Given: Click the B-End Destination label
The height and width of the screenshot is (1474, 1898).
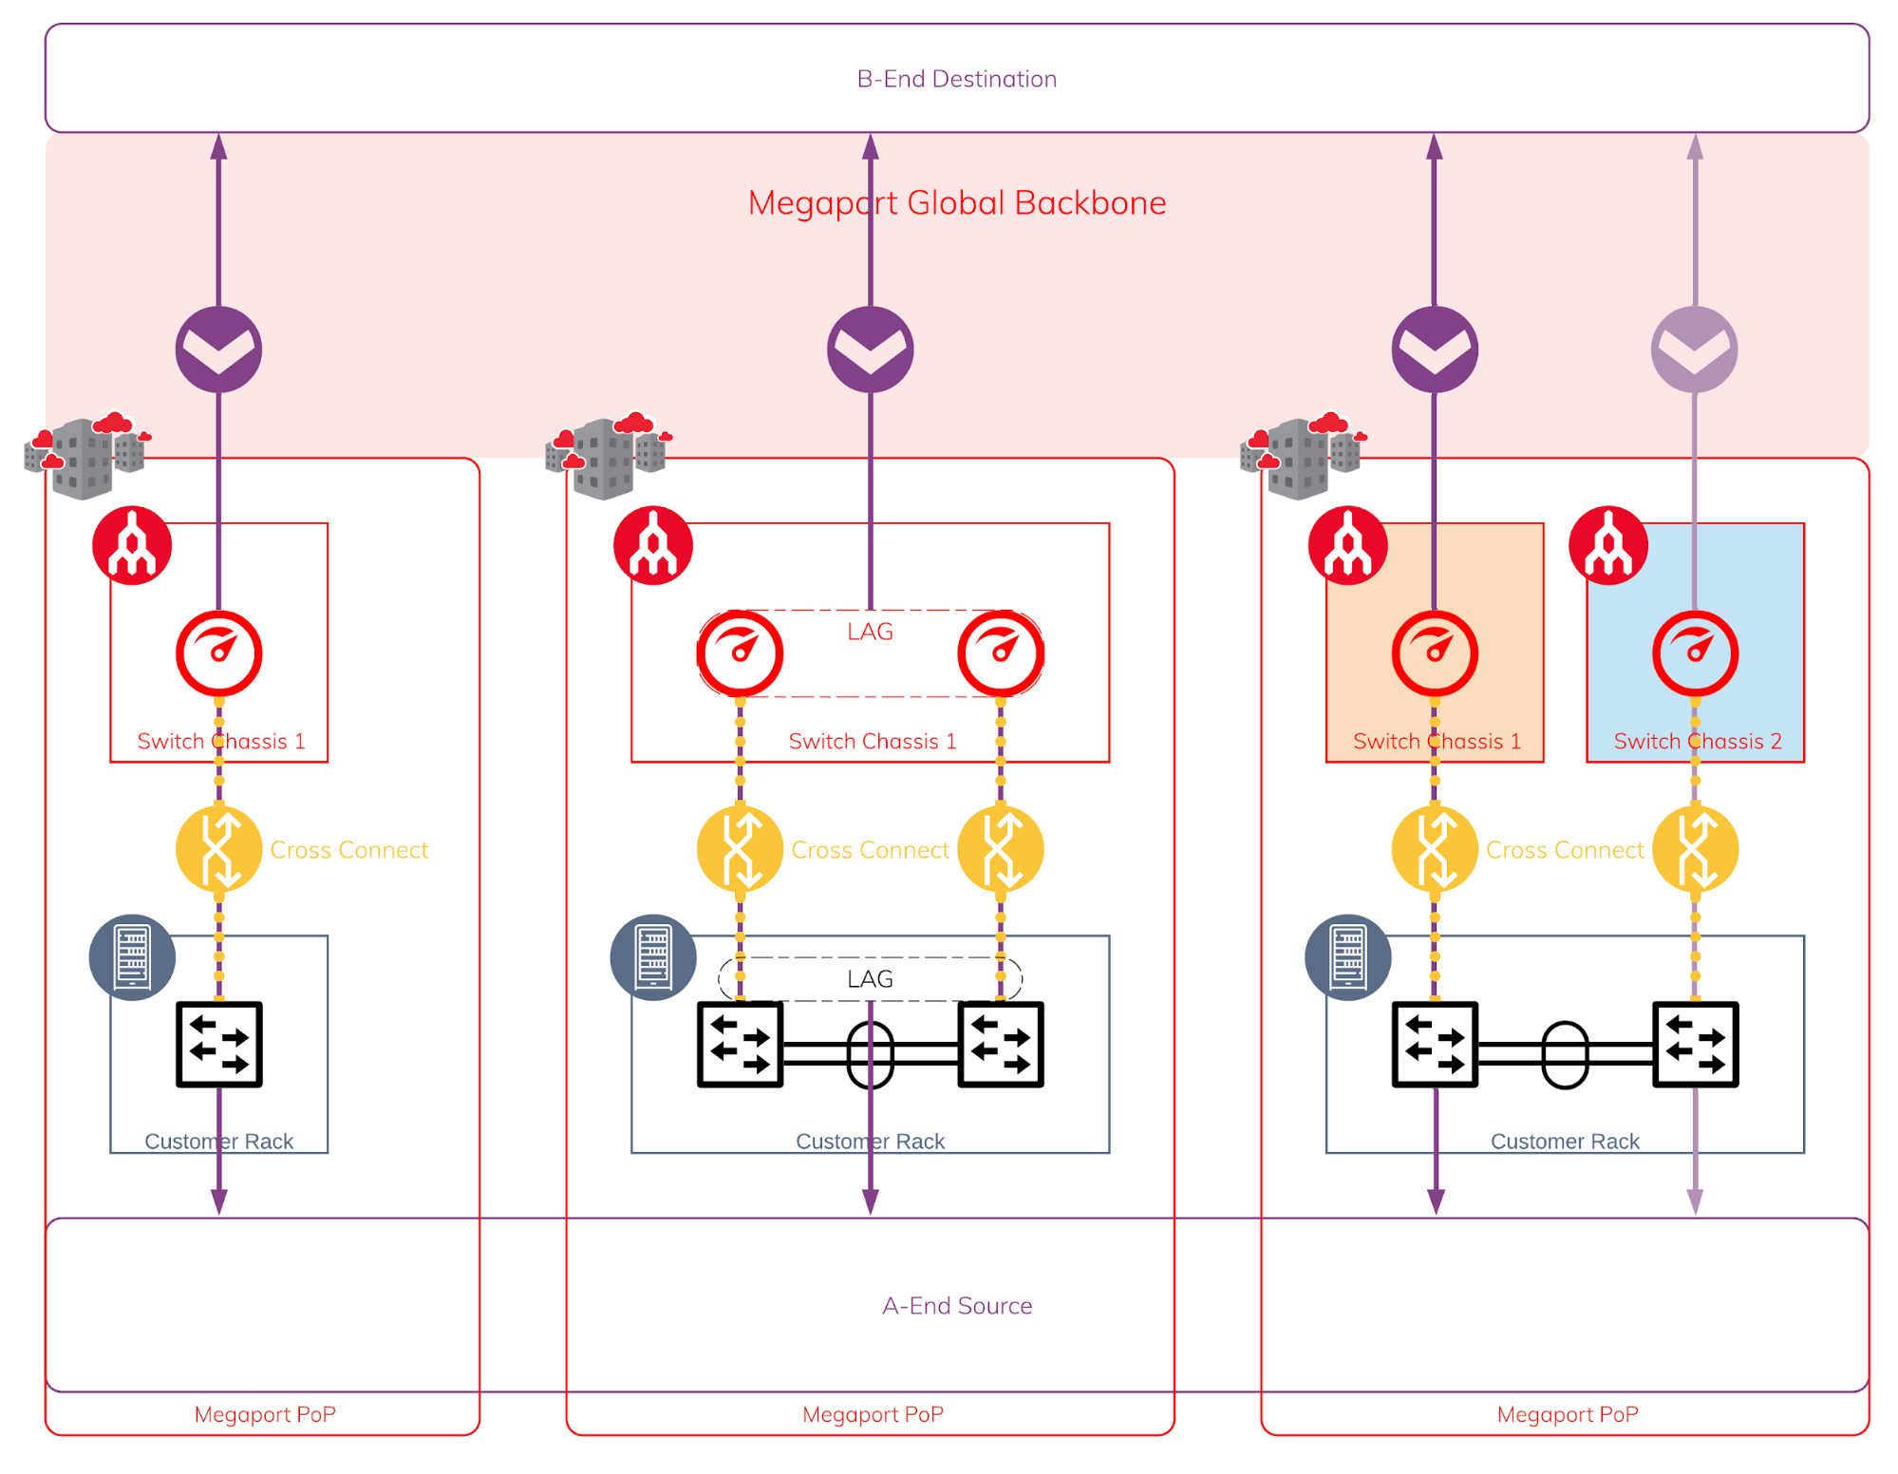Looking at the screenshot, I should tap(956, 79).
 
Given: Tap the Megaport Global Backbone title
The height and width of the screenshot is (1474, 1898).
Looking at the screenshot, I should tap(956, 203).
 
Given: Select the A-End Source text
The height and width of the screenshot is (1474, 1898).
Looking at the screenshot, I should tap(956, 1306).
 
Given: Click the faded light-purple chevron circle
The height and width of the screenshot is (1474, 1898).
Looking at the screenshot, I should tap(1695, 350).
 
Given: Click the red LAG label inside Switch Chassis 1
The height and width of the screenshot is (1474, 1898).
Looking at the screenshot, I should tap(870, 632).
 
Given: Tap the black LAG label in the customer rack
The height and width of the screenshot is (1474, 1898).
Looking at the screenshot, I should tap(870, 979).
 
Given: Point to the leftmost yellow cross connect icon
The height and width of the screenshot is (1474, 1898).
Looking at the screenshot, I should tap(219, 849).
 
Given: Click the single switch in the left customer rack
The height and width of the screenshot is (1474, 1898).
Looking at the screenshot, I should tap(219, 1044).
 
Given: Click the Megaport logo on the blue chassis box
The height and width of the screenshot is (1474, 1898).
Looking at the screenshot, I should tap(1608, 545).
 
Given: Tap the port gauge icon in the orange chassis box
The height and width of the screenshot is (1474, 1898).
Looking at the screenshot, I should tap(1435, 653).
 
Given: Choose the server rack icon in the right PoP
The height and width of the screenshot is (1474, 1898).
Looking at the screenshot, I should tap(1347, 956).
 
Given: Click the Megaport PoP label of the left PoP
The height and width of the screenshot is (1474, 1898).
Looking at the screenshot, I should tap(265, 1414).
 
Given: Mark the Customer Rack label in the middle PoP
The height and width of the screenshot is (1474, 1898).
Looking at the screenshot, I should tap(870, 1142).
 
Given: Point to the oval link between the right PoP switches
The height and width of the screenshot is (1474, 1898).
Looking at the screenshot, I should tap(1565, 1054).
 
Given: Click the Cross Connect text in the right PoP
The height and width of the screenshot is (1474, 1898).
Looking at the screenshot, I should tap(1565, 850).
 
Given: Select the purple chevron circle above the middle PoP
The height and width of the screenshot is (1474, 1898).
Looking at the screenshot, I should tap(870, 350).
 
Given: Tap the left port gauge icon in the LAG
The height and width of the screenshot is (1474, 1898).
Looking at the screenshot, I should tap(740, 653).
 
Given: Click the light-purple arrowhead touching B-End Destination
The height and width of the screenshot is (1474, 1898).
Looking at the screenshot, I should tap(1695, 146).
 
